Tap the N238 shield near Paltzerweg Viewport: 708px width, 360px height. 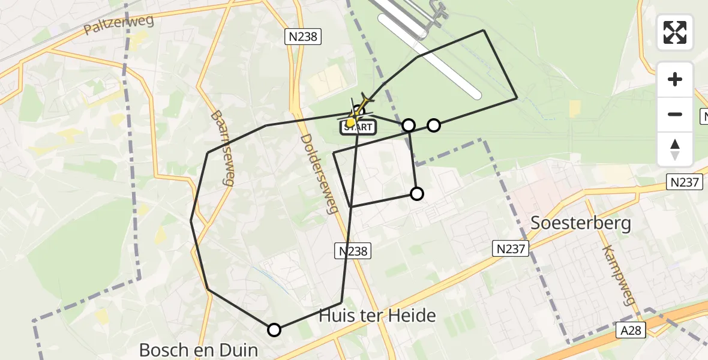tap(303, 37)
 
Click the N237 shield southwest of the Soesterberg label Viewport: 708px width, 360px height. tap(511, 248)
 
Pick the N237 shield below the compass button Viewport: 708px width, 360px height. tap(685, 182)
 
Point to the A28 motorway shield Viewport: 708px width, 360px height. tap(632, 330)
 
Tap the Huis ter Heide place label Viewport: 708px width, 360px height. tap(377, 316)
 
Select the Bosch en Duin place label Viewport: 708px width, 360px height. tap(198, 350)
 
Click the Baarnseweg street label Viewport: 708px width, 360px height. tap(221, 148)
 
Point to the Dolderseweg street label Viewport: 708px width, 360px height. tap(316, 182)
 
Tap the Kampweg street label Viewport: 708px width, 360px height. tap(619, 275)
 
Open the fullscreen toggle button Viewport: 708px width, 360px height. tap(675, 32)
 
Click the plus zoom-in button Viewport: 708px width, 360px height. tap(675, 79)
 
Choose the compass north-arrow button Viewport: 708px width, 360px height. tap(675, 149)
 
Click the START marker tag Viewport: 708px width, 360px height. tap(358, 127)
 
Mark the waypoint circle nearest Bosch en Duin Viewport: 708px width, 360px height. tap(274, 329)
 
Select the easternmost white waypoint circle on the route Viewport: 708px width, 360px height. tap(434, 125)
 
